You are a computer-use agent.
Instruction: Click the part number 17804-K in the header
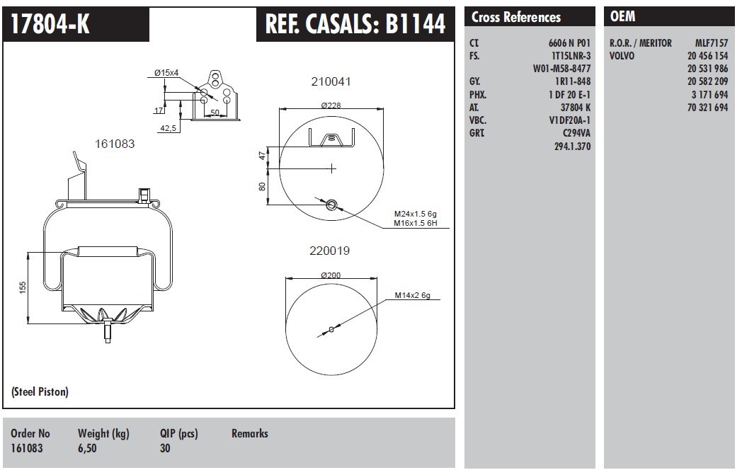[50, 23]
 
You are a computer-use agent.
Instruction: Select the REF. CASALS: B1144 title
[355, 23]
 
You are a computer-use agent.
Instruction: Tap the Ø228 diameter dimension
[331, 105]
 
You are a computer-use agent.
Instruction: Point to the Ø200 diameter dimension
[331, 275]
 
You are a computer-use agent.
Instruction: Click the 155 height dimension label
[23, 287]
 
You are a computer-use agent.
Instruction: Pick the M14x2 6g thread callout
[413, 295]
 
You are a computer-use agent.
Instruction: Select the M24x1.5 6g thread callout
[416, 214]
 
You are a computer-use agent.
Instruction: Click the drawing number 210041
[331, 81]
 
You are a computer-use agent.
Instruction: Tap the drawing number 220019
[329, 251]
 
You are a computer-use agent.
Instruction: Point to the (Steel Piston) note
[40, 391]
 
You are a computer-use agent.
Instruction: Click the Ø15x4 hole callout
[166, 73]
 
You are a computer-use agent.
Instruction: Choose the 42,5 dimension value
[168, 128]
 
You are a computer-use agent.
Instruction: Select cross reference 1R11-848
[573, 81]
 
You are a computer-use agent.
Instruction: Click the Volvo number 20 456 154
[707, 56]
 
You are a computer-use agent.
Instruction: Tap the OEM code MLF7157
[712, 43]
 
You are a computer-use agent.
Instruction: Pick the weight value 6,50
[87, 448]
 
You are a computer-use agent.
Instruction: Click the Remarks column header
[249, 433]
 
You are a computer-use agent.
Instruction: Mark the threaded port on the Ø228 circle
[332, 205]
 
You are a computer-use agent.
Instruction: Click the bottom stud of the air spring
[108, 331]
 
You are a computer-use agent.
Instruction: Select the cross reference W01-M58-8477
[561, 69]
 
